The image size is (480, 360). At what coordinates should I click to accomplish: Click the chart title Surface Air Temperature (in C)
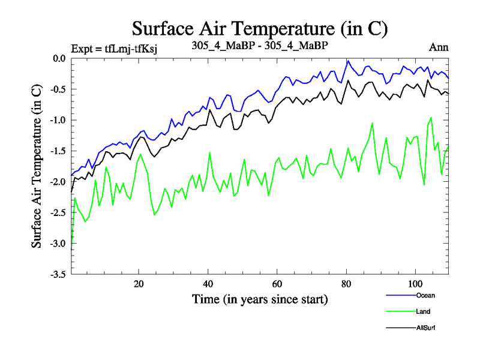260,28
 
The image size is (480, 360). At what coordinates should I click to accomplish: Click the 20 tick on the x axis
139,284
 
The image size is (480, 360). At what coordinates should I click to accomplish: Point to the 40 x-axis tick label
208,284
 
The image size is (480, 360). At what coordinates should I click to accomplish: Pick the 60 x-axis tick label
277,284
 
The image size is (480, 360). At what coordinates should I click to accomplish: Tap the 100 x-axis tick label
415,284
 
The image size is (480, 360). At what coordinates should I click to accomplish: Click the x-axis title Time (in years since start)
260,298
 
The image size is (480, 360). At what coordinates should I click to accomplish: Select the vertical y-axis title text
37,166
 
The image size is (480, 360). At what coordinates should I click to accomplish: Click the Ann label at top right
439,47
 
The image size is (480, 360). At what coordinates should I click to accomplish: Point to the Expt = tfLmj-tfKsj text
114,48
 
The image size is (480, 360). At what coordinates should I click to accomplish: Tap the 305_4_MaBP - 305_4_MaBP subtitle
260,46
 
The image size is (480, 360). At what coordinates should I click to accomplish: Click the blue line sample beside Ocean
400,295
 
